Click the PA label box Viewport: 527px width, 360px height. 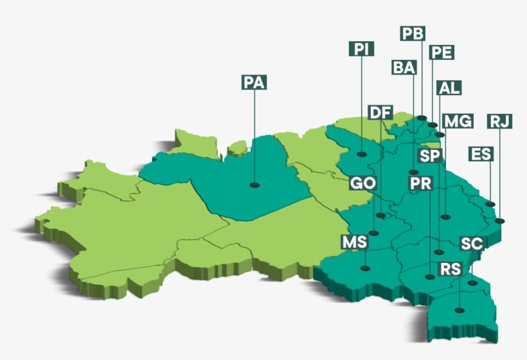[254, 82]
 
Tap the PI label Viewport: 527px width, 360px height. [361, 49]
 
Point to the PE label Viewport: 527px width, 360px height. [441, 52]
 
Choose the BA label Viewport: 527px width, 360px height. [404, 67]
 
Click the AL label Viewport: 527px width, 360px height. [448, 88]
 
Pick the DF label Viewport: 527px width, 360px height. [380, 113]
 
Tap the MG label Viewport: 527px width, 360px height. [458, 121]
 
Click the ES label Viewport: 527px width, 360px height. [481, 154]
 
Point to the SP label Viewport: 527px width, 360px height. [429, 156]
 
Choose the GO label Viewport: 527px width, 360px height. [362, 184]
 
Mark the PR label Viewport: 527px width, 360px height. [421, 184]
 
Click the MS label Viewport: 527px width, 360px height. [354, 242]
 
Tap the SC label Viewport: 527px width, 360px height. [471, 244]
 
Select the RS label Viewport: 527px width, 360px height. [450, 269]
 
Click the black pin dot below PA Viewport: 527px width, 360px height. [255, 185]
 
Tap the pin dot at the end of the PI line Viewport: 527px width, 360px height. [362, 154]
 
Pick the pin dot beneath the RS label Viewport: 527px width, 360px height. [458, 310]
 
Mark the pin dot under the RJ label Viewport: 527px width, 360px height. [500, 221]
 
